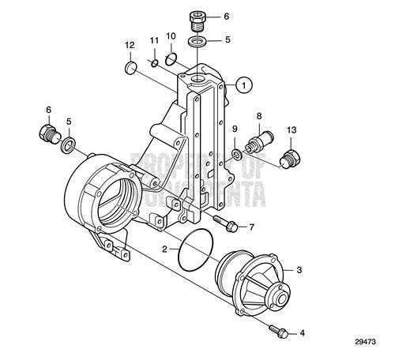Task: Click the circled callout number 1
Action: click(x=246, y=83)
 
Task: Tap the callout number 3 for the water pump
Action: click(x=299, y=269)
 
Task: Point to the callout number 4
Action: click(x=300, y=334)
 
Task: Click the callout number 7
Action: click(x=252, y=227)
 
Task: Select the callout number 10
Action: click(x=171, y=36)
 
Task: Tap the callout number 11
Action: click(x=155, y=39)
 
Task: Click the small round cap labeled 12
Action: click(x=132, y=69)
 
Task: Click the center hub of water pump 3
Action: click(x=279, y=298)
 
